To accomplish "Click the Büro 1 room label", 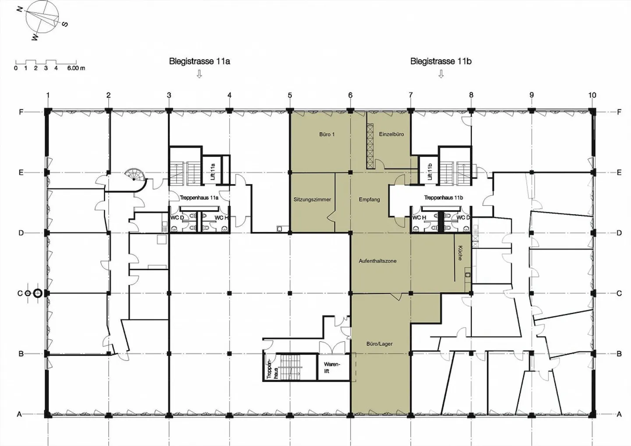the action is [327, 135].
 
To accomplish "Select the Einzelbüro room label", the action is [391, 135].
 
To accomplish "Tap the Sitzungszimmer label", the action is [312, 199].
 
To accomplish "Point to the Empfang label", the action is [369, 199].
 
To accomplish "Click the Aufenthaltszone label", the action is [377, 261].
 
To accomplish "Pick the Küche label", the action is [460, 253].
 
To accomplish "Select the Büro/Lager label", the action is [379, 344].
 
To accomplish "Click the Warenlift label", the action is [332, 368].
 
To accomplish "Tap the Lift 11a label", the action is [213, 171].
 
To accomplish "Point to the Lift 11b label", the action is [430, 171].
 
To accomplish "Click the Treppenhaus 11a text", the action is [199, 198].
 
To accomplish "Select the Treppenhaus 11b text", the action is [443, 198].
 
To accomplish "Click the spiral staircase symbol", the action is [136, 176].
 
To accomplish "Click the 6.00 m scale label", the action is [76, 68].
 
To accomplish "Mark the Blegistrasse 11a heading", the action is [199, 61].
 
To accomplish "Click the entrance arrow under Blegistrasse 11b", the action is [441, 74].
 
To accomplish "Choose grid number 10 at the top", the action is [592, 95].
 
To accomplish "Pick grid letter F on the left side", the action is [21, 112].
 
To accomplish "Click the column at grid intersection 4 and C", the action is [229, 293].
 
